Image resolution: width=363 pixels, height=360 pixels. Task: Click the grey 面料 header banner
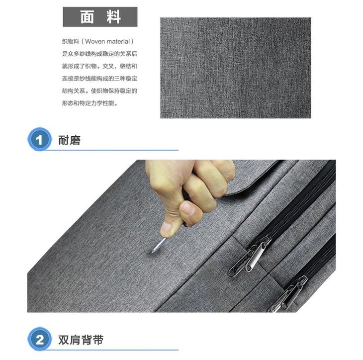[x=100, y=17]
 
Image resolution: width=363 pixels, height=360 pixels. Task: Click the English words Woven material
[x=107, y=41]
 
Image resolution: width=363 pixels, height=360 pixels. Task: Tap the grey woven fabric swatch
[x=235, y=68]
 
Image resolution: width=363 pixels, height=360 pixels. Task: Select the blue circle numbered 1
[x=40, y=139]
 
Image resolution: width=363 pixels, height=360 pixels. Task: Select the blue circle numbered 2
[x=40, y=339]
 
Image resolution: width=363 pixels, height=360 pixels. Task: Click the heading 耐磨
[x=69, y=140]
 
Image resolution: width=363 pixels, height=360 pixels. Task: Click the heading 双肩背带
[x=81, y=340]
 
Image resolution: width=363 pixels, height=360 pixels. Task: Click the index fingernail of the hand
[x=189, y=207]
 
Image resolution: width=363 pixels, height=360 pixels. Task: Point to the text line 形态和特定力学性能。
[x=91, y=103]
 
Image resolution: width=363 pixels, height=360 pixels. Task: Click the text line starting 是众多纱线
[x=99, y=54]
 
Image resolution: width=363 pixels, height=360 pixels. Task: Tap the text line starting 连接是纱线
[x=99, y=79]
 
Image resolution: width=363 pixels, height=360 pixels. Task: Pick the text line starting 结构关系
[x=99, y=91]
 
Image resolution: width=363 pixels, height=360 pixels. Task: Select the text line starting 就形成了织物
[x=99, y=66]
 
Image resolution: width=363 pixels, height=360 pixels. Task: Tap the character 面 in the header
[x=87, y=17]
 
